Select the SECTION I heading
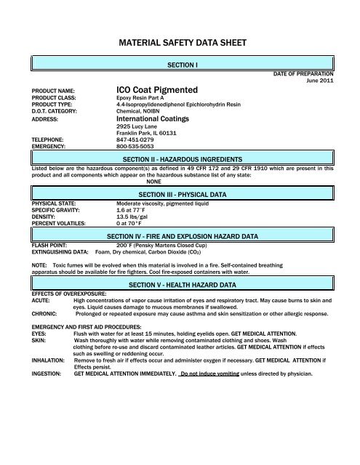coord(180,65)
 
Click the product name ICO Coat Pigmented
coord(159,89)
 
